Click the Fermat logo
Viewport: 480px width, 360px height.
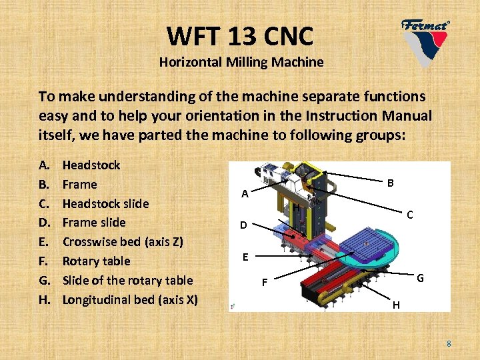(x=425, y=40)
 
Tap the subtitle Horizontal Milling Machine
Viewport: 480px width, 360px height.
(x=241, y=63)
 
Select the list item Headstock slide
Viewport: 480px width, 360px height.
(x=105, y=203)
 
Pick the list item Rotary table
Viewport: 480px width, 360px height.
(x=96, y=261)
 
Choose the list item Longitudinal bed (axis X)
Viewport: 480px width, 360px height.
(x=130, y=299)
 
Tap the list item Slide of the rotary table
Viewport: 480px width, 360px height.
(x=127, y=280)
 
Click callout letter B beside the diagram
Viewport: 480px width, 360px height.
(x=391, y=183)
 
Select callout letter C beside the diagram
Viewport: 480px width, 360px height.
(x=410, y=215)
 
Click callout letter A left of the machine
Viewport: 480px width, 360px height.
(x=245, y=195)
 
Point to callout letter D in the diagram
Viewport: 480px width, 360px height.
(x=245, y=225)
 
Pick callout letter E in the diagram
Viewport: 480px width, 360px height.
(x=245, y=257)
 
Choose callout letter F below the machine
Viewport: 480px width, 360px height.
(x=264, y=283)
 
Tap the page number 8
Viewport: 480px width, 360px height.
(x=449, y=344)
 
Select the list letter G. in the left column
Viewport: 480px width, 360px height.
(x=45, y=280)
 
